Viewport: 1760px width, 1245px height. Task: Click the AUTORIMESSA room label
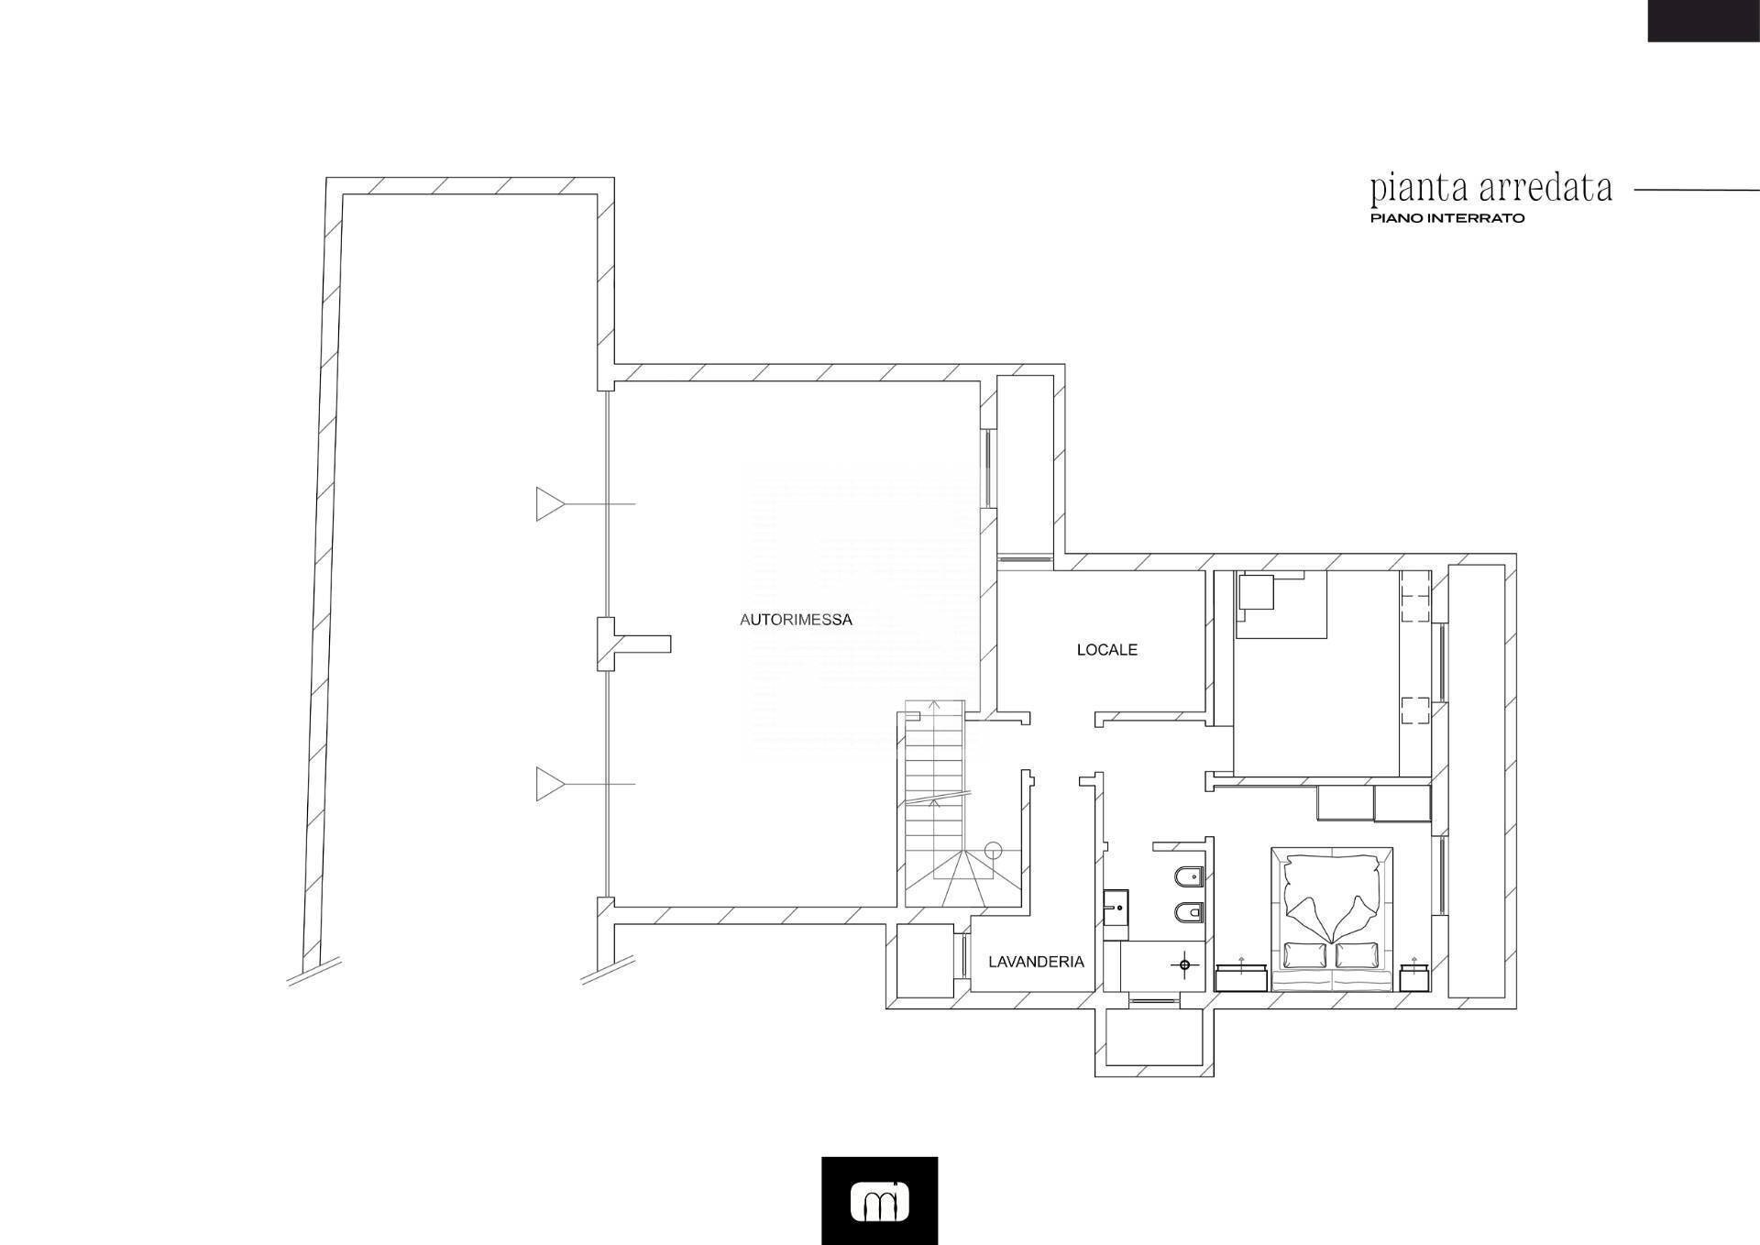[x=796, y=620]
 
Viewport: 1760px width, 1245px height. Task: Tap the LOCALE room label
[x=1106, y=650]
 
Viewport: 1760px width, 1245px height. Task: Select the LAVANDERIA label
[x=1036, y=962]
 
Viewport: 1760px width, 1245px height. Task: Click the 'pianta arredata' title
[x=1490, y=189]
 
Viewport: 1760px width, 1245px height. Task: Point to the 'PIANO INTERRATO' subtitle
[x=1447, y=219]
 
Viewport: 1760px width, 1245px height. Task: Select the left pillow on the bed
[x=1304, y=955]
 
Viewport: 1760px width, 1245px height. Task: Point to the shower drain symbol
[x=1184, y=965]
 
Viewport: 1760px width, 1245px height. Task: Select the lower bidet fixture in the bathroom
[x=1187, y=914]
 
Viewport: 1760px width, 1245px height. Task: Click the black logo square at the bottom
[x=879, y=1200]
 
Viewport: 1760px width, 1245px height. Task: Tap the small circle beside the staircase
[x=993, y=850]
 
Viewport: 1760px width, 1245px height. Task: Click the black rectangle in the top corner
[x=1703, y=20]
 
